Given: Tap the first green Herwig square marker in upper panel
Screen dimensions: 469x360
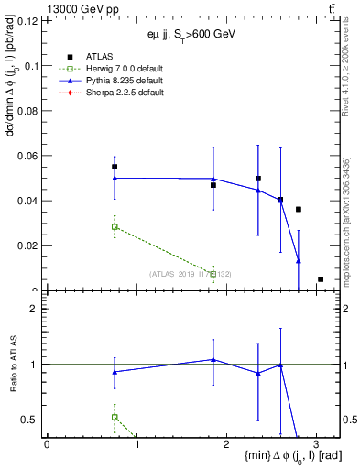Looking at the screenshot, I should [115, 226].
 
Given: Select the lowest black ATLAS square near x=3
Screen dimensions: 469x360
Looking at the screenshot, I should [321, 279].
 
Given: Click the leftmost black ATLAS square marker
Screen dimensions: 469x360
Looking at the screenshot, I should [115, 167].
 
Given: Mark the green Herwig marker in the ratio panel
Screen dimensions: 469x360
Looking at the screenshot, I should [115, 417].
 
